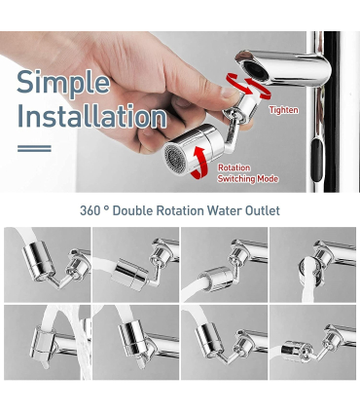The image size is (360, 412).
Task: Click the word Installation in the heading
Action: tap(92, 116)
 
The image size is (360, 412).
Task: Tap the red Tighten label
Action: tap(284, 110)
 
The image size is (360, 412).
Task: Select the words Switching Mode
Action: tap(248, 179)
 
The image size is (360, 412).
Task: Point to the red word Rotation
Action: tap(234, 168)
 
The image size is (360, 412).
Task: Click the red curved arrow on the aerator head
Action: tap(198, 163)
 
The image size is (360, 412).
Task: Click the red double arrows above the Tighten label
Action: tap(249, 86)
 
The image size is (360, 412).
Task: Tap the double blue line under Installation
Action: tap(34, 148)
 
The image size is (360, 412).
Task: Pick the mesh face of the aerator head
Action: tap(172, 160)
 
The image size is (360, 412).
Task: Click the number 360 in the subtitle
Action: tap(90, 210)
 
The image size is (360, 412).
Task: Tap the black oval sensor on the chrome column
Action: tap(317, 160)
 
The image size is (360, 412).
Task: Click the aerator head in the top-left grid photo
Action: tap(38, 260)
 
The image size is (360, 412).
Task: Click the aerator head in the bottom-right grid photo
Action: tap(297, 352)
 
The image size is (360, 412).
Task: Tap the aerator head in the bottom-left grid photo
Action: tap(43, 342)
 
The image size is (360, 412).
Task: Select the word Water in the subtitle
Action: tap(225, 210)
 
